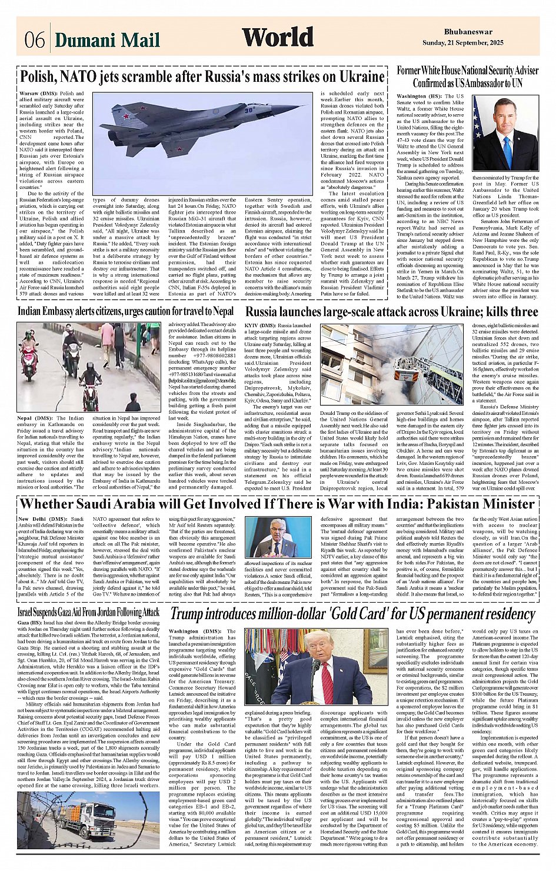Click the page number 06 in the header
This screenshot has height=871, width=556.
35,40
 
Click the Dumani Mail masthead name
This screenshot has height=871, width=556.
107,40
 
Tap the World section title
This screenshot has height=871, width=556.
278,38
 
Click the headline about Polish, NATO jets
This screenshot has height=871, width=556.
202,77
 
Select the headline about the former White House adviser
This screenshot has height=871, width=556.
467,77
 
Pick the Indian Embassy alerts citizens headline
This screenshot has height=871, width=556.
125,311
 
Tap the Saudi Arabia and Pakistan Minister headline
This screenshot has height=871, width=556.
277,504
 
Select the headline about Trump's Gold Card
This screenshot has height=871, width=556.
352,614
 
